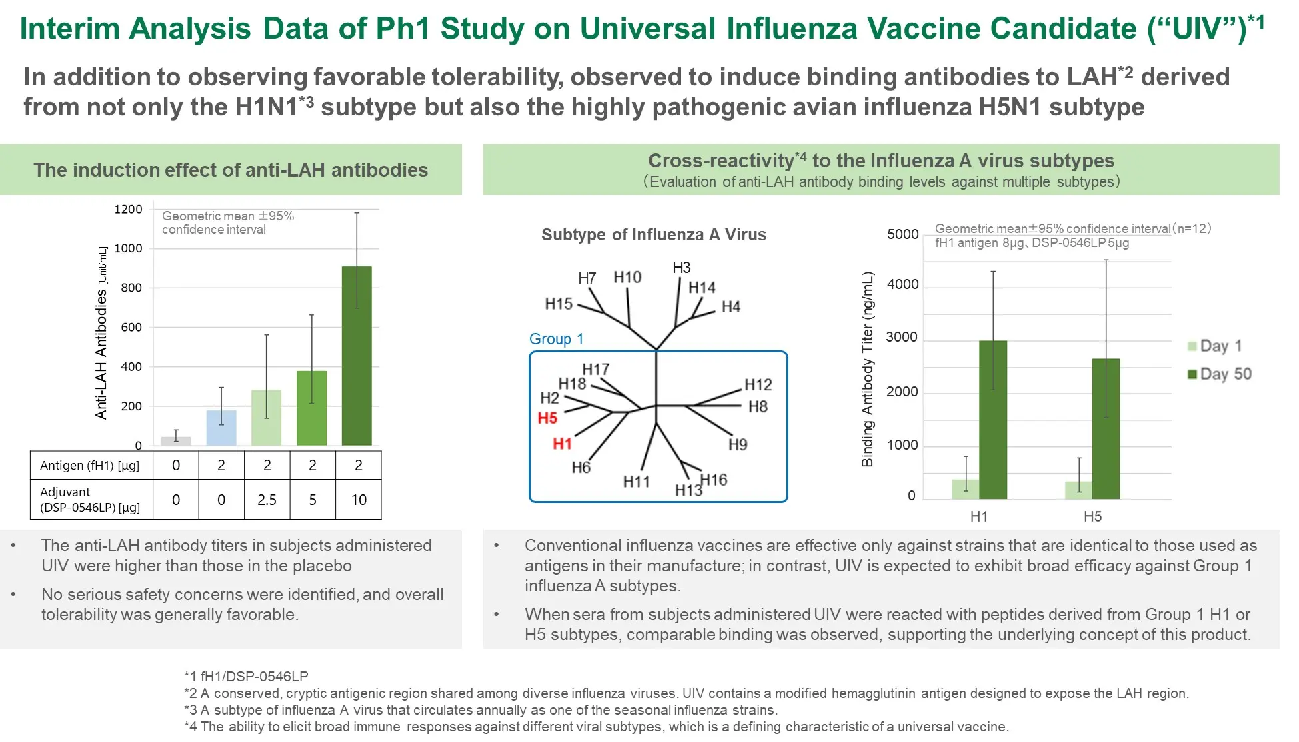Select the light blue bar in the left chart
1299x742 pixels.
point(221,428)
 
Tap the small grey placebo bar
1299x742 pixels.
point(176,441)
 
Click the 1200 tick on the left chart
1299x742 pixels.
point(128,210)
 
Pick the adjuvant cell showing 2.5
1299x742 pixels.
point(267,500)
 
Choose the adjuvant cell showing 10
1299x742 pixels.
point(359,500)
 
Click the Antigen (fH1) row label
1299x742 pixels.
point(90,466)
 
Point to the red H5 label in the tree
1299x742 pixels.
point(547,418)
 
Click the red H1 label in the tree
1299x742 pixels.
point(562,444)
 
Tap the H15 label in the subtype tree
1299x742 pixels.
point(559,304)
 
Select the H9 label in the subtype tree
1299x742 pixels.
point(738,445)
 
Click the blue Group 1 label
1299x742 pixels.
point(556,339)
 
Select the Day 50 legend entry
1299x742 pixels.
point(1220,374)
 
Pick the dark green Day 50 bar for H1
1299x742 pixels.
point(993,420)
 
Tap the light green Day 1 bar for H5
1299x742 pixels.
point(1078,490)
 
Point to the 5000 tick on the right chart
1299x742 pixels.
point(902,234)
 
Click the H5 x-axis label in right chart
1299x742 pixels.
point(1092,516)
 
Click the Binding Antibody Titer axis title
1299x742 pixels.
point(867,369)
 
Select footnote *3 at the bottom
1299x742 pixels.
point(481,710)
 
